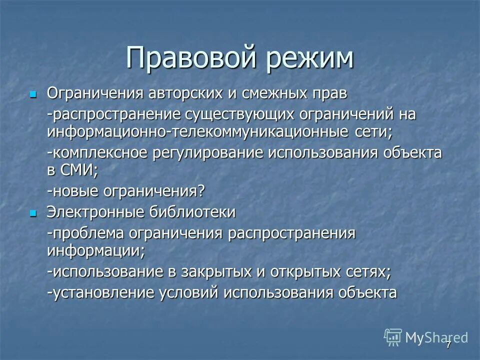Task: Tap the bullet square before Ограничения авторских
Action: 33,94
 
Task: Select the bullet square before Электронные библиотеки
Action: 33,213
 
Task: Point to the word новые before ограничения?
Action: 76,190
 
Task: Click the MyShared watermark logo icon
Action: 393,337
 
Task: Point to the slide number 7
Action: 448,344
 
